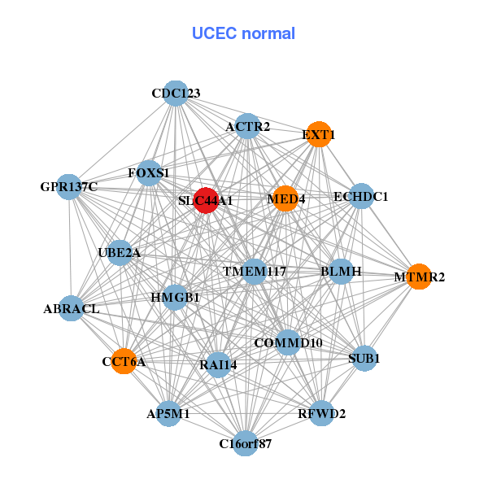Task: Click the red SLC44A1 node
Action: pos(207,200)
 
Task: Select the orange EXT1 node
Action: pos(319,134)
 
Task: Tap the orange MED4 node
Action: pos(285,198)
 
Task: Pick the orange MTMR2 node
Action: pos(419,277)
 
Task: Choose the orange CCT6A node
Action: pos(124,361)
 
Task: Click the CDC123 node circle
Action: pos(176,94)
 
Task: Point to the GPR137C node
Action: pos(69,187)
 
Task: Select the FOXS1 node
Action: pos(149,173)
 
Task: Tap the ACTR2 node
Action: pos(248,126)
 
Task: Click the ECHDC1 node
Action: pos(360,197)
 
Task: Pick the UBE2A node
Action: pos(120,253)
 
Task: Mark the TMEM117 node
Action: pos(255,271)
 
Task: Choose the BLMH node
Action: pos(341,271)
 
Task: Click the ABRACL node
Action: pos(72,309)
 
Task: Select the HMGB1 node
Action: pos(176,298)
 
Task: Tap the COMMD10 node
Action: pos(289,342)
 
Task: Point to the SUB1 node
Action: pos(364,358)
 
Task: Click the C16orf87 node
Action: pos(245,443)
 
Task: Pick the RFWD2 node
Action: pos(322,413)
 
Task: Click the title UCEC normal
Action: pos(243,33)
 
